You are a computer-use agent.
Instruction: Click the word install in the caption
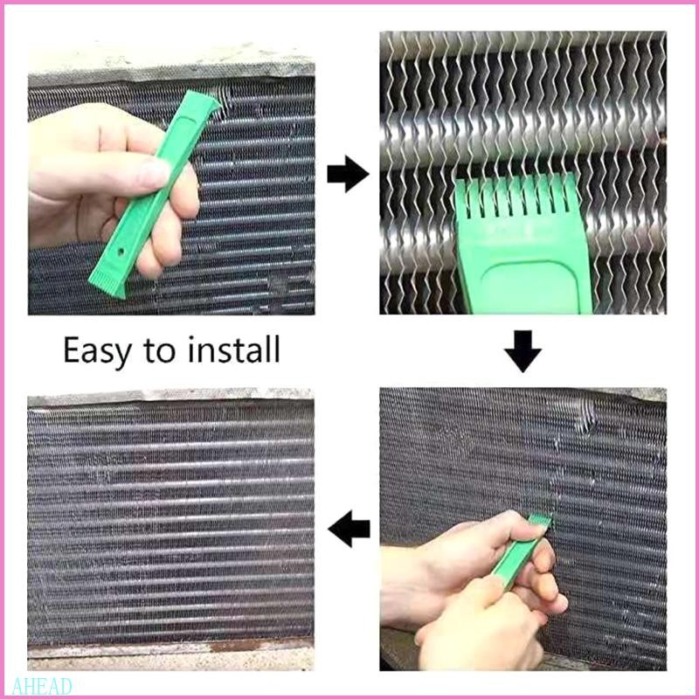pos(233,350)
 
